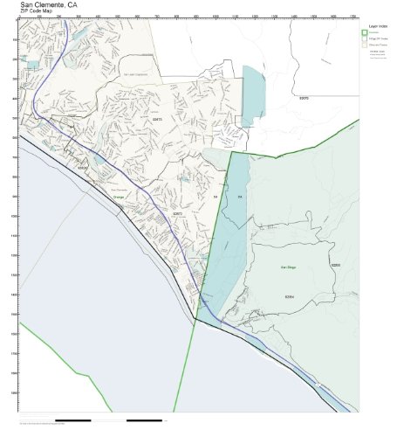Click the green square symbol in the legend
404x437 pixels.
(x=365, y=32)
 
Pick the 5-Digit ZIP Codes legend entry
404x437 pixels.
(x=379, y=40)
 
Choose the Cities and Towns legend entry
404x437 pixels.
(x=379, y=46)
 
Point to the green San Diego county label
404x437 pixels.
(x=288, y=267)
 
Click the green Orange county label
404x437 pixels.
(x=118, y=198)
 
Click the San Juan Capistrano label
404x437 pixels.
(x=137, y=75)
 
